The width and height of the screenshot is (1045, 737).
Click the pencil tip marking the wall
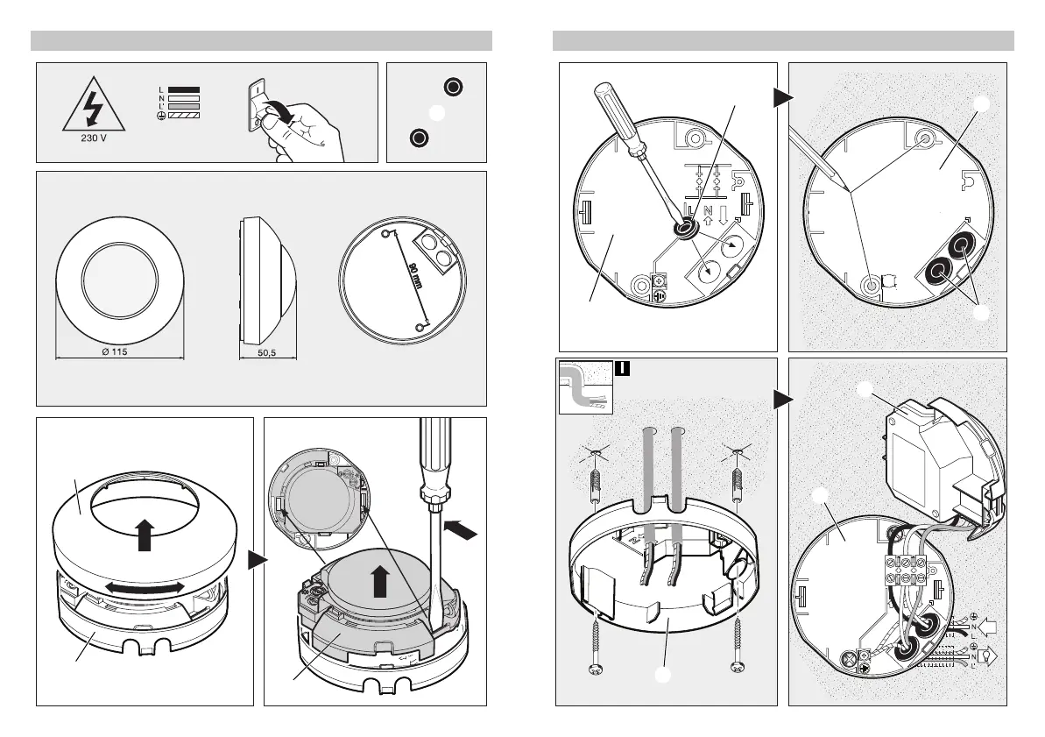tap(842, 187)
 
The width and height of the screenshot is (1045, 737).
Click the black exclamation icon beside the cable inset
tap(620, 368)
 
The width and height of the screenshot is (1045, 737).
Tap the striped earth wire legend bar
tap(184, 115)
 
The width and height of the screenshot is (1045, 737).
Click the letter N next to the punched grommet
tap(708, 212)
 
